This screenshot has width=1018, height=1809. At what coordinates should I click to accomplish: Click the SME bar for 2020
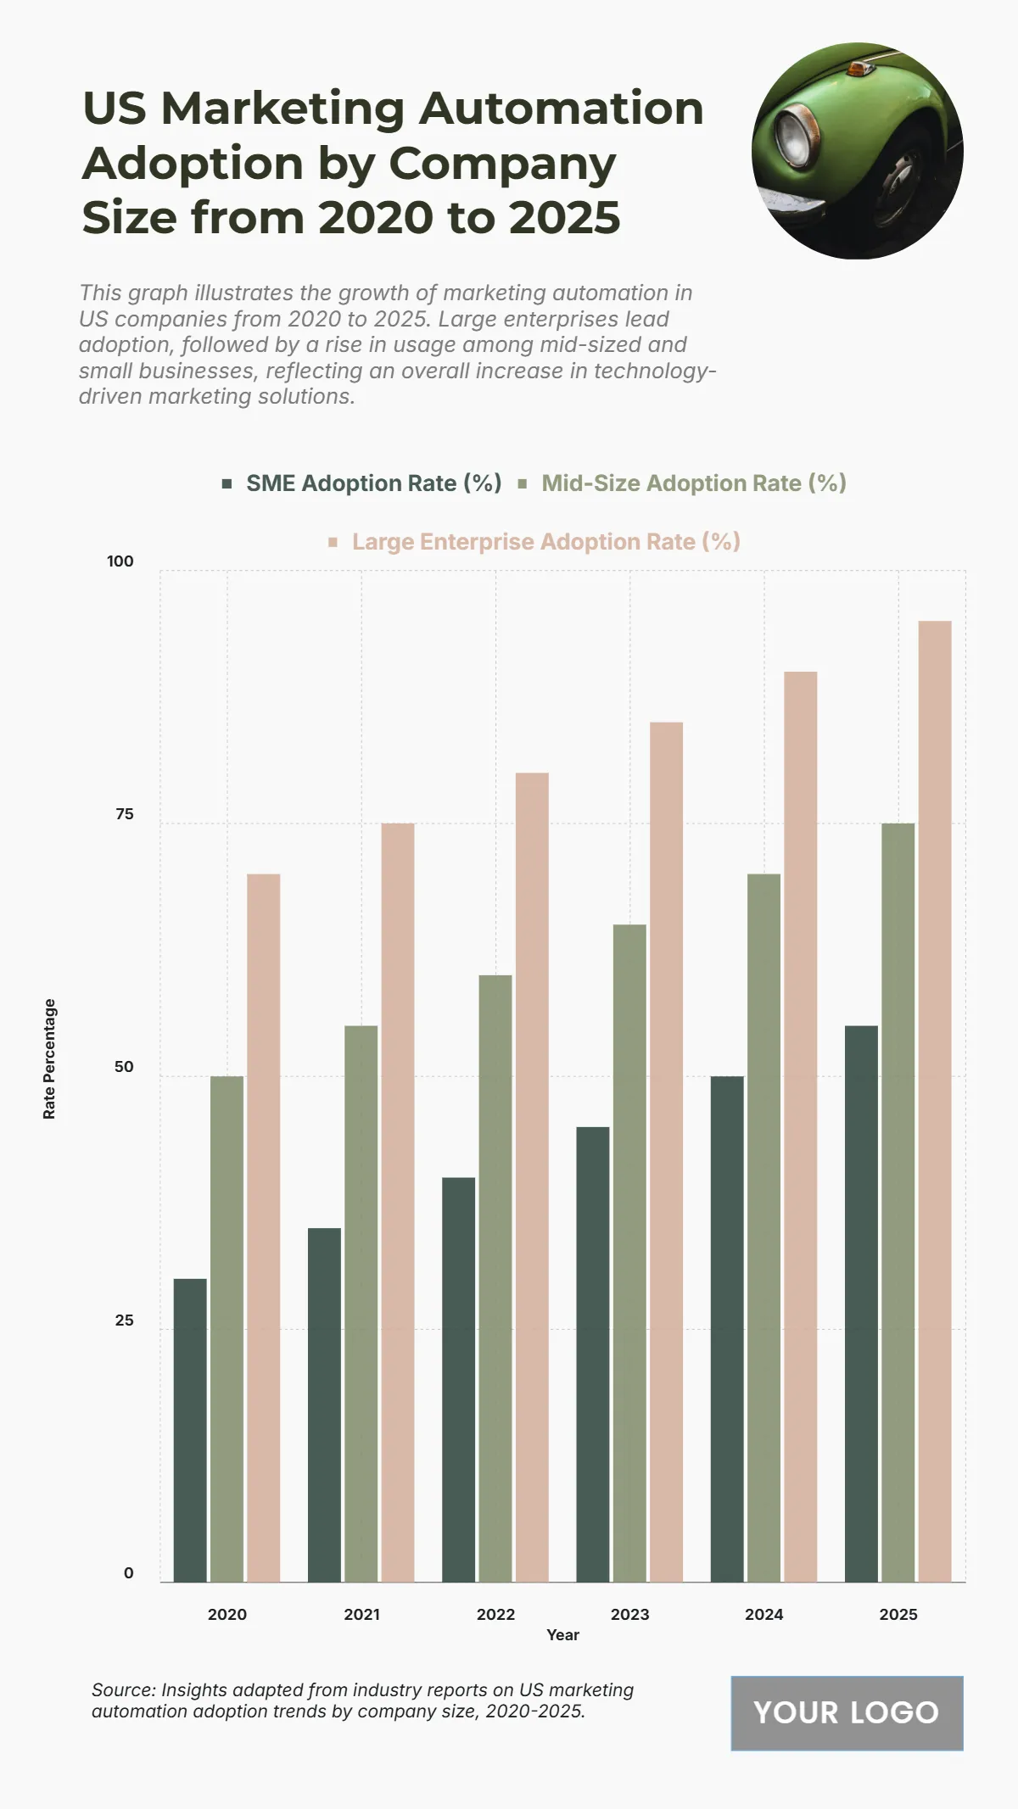190,1430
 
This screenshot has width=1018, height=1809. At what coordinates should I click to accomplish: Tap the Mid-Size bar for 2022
495,1278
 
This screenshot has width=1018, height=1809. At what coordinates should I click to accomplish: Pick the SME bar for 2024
727,1329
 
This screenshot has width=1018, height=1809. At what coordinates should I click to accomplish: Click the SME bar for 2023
593,1354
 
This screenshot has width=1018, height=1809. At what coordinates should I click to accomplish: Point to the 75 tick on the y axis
124,814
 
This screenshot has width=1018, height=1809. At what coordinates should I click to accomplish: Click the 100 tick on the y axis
120,561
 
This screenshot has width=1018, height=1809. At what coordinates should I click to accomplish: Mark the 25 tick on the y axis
124,1320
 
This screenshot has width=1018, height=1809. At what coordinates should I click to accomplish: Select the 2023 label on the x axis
629,1614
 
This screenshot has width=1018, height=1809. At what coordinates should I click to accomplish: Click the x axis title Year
562,1635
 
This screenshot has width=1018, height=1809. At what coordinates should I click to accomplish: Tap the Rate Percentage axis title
49,1058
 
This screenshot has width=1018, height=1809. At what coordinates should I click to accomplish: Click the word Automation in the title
561,109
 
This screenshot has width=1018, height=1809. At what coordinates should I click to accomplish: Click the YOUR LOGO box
847,1712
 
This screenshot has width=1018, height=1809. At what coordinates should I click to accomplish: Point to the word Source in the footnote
122,1689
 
